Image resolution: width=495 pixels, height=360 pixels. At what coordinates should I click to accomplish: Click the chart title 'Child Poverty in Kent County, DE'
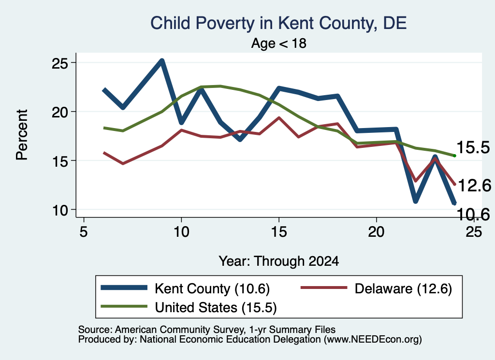pyautogui.click(x=278, y=23)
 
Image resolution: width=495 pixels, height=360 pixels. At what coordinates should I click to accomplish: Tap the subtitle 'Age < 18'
pyautogui.click(x=279, y=43)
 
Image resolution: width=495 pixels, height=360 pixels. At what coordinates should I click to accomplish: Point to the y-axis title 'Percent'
pyautogui.click(x=22, y=135)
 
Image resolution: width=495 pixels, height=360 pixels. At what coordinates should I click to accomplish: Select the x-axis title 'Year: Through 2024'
pyautogui.click(x=279, y=261)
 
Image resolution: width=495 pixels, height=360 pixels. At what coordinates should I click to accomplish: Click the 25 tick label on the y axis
pyautogui.click(x=60, y=63)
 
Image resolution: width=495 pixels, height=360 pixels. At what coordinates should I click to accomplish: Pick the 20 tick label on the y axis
pyautogui.click(x=60, y=112)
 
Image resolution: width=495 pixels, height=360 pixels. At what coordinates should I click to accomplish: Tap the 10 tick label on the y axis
pyautogui.click(x=60, y=210)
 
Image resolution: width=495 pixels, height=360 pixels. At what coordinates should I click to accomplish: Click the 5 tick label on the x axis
pyautogui.click(x=83, y=232)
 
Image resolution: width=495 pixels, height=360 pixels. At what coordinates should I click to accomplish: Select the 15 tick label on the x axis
pyautogui.click(x=279, y=232)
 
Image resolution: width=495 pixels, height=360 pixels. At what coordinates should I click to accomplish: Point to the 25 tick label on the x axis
pyautogui.click(x=474, y=232)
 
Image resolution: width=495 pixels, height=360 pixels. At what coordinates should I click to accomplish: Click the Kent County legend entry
pyautogui.click(x=185, y=288)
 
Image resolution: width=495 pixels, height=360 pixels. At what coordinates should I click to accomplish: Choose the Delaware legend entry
pyautogui.click(x=376, y=288)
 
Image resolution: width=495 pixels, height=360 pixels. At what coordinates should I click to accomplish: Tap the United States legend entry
pyautogui.click(x=189, y=307)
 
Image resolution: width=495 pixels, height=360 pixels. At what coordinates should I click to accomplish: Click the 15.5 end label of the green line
pyautogui.click(x=473, y=148)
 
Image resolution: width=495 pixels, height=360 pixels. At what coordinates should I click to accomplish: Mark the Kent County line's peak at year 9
pyautogui.click(x=161, y=60)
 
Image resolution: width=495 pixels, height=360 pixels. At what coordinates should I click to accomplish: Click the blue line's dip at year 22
pyautogui.click(x=415, y=201)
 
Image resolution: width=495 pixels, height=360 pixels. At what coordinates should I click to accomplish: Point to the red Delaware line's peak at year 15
pyautogui.click(x=279, y=118)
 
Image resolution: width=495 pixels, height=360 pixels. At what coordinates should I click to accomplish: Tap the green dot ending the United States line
pyautogui.click(x=454, y=156)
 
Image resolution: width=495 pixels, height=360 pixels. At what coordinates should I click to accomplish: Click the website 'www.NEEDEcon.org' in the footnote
pyautogui.click(x=373, y=340)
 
